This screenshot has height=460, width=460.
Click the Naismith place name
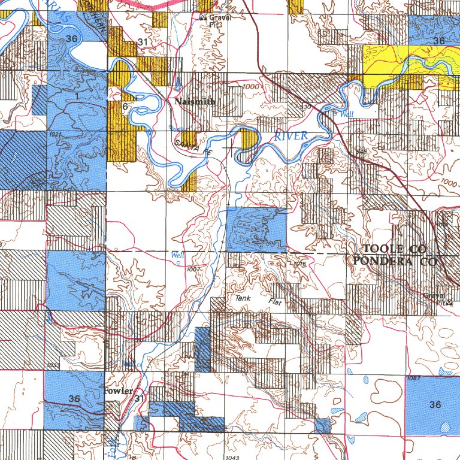(x=195, y=102)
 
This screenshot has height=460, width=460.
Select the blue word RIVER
(x=291, y=136)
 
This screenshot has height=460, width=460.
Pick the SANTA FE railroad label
(x=194, y=148)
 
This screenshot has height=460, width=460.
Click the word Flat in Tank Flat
(x=275, y=302)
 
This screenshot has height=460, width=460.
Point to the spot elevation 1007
(x=193, y=270)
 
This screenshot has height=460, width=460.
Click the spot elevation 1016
(x=300, y=264)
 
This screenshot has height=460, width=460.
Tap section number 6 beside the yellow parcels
(x=125, y=105)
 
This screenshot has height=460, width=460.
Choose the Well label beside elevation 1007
(x=177, y=255)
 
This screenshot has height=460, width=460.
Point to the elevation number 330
(x=305, y=107)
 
